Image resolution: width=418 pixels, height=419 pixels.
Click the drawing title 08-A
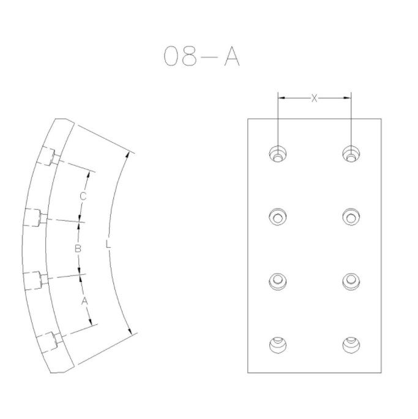click(x=201, y=56)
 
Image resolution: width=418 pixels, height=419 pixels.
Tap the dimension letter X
click(x=314, y=98)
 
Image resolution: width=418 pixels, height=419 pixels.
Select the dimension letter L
click(x=108, y=244)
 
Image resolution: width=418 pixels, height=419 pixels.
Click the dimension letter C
click(x=83, y=196)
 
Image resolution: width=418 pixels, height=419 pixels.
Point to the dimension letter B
click(x=78, y=249)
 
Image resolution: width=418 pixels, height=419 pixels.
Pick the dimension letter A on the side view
click(x=84, y=301)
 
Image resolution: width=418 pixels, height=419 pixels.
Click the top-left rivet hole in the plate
click(x=278, y=154)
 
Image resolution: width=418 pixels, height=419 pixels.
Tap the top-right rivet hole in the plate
click(x=351, y=154)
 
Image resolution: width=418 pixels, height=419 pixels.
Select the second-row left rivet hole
click(x=278, y=217)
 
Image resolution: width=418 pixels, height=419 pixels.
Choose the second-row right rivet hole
click(x=351, y=217)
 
